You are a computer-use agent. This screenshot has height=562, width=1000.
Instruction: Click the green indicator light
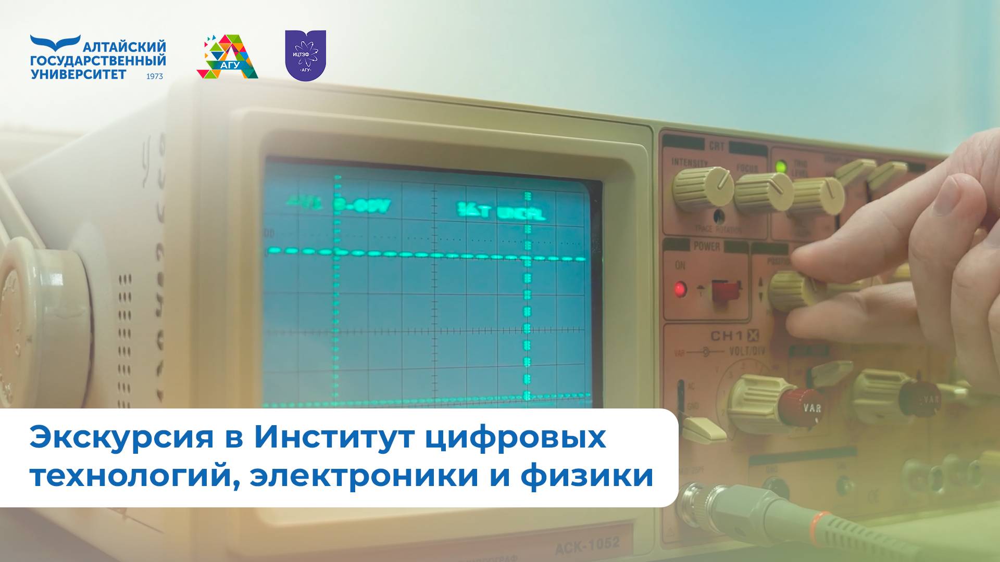[780, 167]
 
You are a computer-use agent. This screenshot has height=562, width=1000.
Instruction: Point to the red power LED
[680, 289]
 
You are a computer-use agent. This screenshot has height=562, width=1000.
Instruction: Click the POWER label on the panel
[706, 246]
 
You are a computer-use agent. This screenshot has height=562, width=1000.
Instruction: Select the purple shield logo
[305, 55]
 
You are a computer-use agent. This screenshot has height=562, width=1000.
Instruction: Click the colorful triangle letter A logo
[227, 57]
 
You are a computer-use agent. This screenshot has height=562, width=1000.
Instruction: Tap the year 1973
[155, 76]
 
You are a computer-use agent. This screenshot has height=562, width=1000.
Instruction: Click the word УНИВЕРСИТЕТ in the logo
[79, 74]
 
